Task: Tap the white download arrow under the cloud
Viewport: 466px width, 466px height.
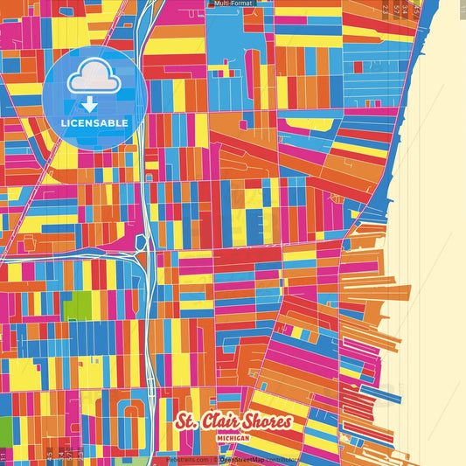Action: coord(90,104)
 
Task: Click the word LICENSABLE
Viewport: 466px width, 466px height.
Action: coord(95,123)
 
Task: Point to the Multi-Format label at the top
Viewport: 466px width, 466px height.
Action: coord(233,4)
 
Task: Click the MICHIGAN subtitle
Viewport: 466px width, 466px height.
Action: coord(234,436)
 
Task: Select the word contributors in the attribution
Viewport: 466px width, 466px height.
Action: coord(279,459)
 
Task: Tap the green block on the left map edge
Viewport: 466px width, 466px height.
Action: coord(5,430)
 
